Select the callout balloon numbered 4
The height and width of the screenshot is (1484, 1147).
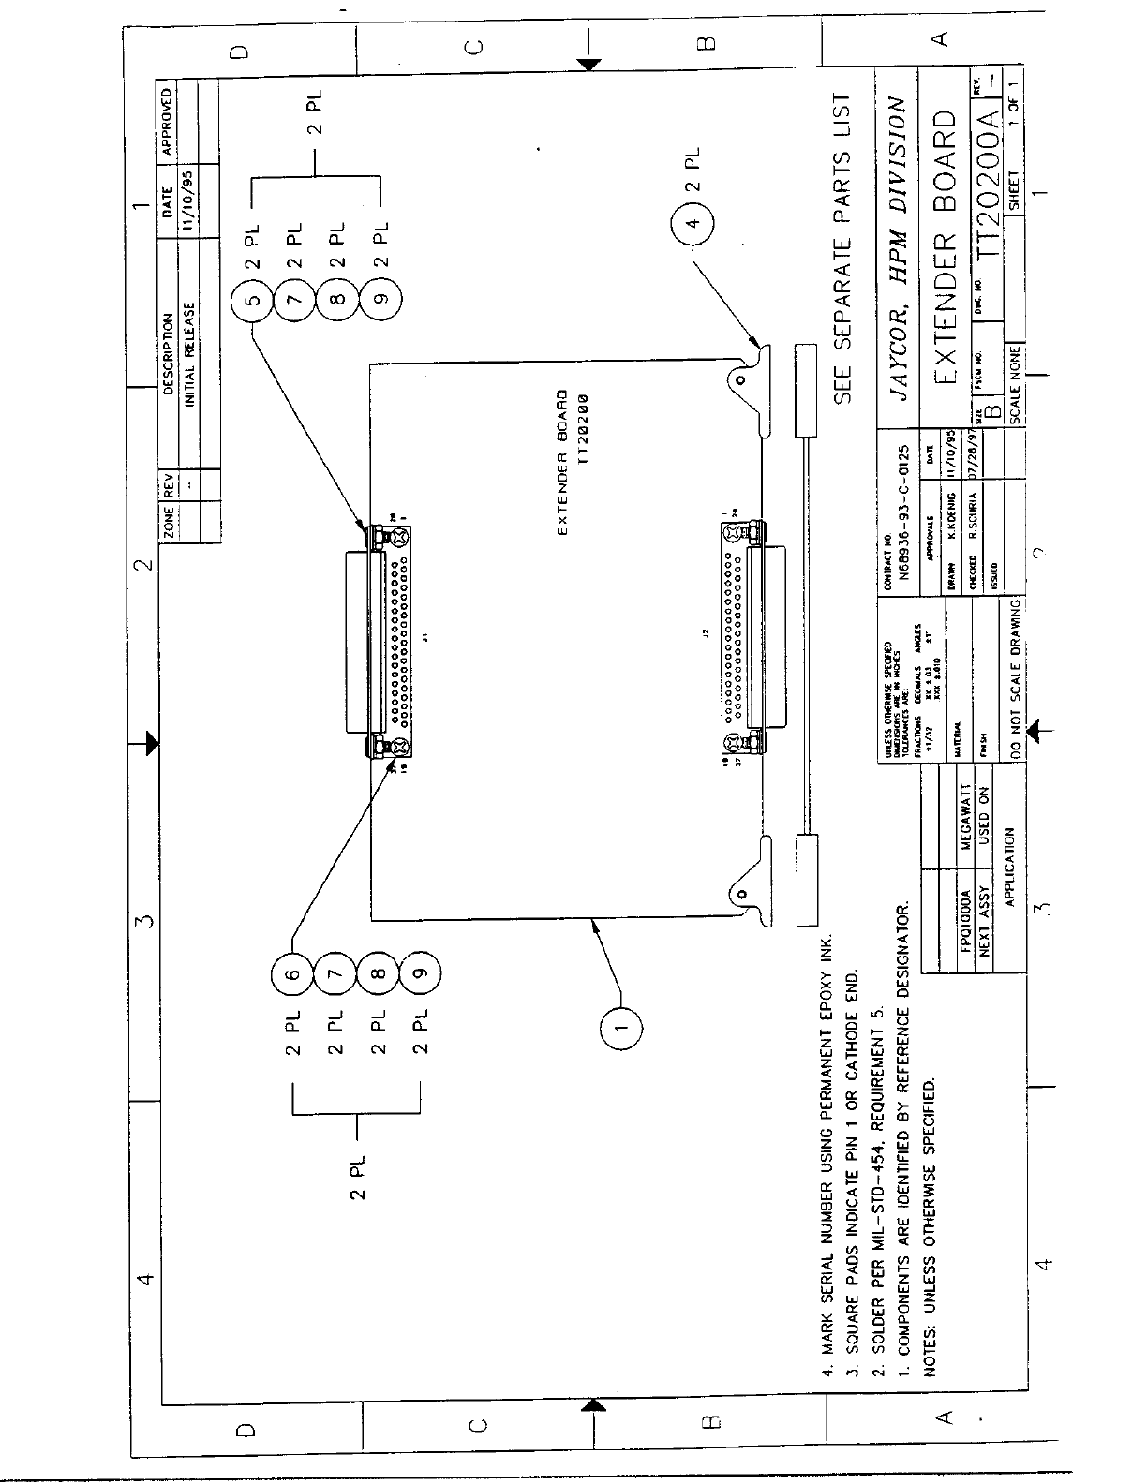click(693, 225)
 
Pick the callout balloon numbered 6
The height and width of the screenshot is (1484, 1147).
click(292, 974)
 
